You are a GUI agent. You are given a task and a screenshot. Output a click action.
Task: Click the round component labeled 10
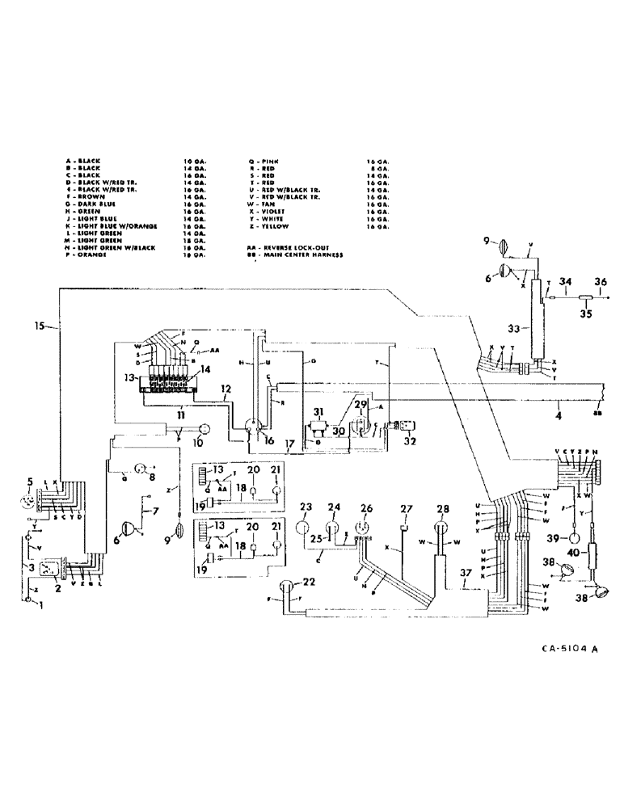(x=204, y=428)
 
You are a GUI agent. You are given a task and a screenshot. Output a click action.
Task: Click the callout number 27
(x=407, y=507)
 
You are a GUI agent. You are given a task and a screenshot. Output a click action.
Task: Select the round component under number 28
(x=442, y=530)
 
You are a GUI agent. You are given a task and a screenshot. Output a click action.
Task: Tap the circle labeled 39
(x=573, y=539)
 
